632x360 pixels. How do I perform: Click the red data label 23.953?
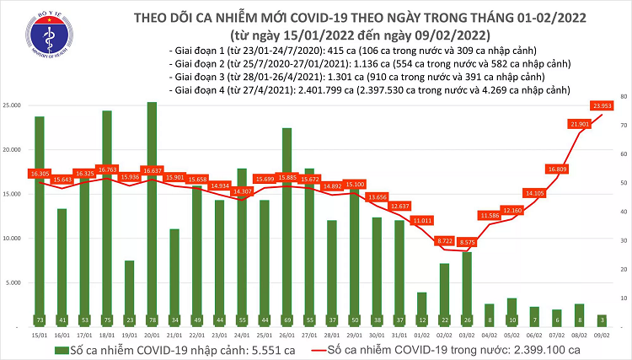(601, 105)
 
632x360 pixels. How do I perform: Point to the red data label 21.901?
(579, 125)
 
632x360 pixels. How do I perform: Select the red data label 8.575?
(465, 242)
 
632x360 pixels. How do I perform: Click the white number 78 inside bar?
(152, 320)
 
